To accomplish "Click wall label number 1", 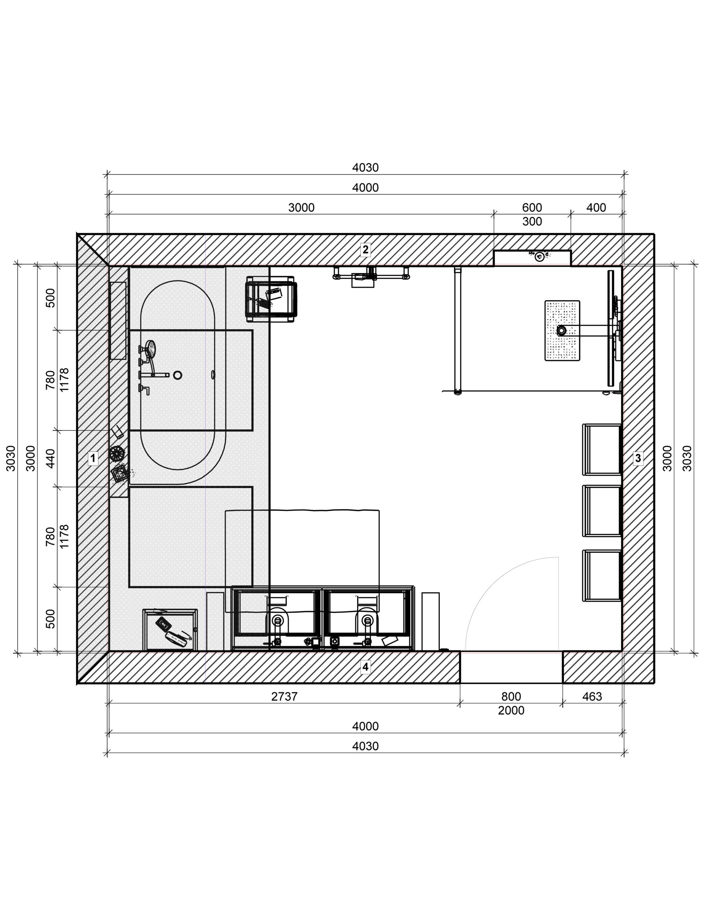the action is click(93, 458).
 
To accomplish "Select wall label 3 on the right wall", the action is click(638, 458).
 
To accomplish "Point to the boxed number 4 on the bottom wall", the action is click(365, 667).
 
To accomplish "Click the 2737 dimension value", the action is click(284, 697).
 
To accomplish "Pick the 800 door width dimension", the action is click(511, 697).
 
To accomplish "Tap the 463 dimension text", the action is click(592, 697).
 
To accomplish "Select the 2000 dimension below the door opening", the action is click(511, 711).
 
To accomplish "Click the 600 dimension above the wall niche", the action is click(532, 208).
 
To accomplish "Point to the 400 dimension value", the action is click(596, 208).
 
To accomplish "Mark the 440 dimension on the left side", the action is click(50, 458).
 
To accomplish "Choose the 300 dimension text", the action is click(532, 221).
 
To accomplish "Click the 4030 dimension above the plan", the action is click(365, 168).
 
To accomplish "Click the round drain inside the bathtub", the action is click(178, 375).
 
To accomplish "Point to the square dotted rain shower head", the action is click(562, 331).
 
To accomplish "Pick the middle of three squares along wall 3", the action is click(601, 511).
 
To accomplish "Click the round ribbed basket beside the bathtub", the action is click(117, 453).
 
